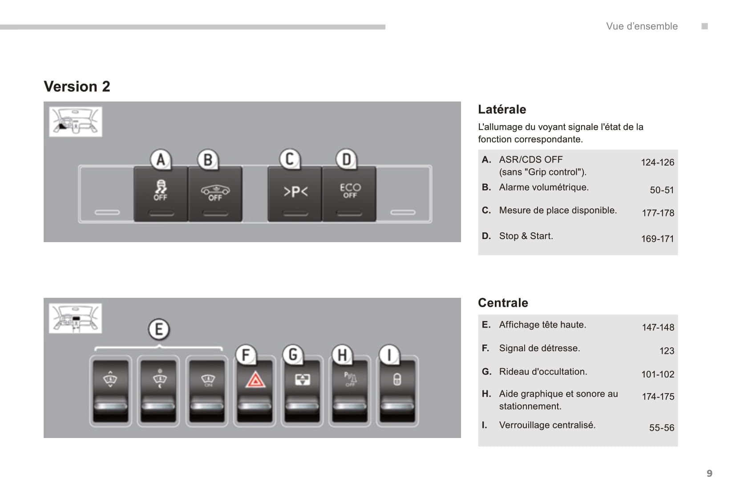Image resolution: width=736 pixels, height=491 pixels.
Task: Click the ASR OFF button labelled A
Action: click(x=160, y=193)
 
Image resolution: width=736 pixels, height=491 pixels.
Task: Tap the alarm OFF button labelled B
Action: click(x=215, y=193)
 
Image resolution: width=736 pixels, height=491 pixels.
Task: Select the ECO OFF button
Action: click(x=350, y=193)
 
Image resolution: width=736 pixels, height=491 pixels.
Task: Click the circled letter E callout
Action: click(x=159, y=329)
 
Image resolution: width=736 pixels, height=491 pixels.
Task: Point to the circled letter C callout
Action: click(x=290, y=159)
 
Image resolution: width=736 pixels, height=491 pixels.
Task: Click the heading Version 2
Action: click(x=77, y=86)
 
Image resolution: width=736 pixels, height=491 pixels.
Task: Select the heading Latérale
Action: click(x=502, y=110)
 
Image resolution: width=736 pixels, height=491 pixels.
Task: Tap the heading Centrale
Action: click(x=503, y=303)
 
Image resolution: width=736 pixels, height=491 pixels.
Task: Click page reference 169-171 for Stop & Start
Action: click(x=657, y=239)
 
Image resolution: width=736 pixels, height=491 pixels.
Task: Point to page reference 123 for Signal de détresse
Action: click(x=667, y=351)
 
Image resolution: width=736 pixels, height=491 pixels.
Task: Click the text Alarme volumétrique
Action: click(x=544, y=187)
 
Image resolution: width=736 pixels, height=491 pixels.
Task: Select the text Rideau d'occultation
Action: click(x=543, y=372)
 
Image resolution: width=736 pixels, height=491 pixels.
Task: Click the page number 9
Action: click(x=709, y=473)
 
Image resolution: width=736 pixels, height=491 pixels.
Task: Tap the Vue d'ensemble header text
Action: click(x=642, y=26)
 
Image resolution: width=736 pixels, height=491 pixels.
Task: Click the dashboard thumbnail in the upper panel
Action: click(x=76, y=122)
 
